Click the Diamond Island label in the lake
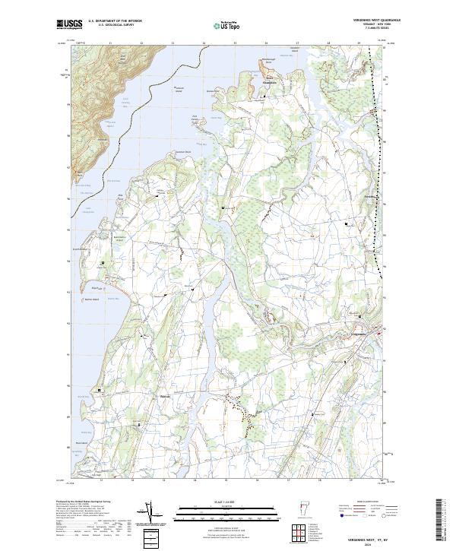click(x=181, y=88)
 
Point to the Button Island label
click(x=84, y=299)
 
